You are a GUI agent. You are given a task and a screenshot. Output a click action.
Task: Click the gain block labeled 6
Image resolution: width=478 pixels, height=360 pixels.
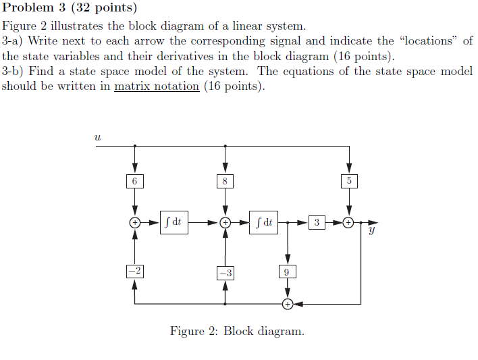(x=135, y=181)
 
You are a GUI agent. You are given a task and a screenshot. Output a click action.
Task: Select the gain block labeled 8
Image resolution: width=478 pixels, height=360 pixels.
(x=225, y=181)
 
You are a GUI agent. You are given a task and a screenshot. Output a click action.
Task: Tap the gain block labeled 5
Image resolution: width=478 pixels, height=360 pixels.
(x=349, y=181)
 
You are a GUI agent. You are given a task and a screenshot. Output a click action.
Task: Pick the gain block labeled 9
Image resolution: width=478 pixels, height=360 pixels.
(x=288, y=272)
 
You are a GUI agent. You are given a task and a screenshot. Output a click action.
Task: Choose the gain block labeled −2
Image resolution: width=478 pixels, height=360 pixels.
(x=135, y=272)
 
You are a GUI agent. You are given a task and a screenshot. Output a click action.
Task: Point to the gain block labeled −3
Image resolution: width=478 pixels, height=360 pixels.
(x=225, y=273)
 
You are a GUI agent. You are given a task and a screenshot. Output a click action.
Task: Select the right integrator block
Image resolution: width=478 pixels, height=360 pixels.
(x=265, y=222)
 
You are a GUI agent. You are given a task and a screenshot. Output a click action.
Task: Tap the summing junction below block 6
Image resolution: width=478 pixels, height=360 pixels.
(x=135, y=222)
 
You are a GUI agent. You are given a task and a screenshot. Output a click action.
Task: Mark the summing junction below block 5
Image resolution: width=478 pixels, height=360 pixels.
(x=349, y=222)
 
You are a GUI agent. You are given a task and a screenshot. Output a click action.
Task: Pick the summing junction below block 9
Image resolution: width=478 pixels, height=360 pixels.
(x=288, y=304)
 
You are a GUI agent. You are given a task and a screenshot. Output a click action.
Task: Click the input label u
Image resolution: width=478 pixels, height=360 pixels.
(x=98, y=136)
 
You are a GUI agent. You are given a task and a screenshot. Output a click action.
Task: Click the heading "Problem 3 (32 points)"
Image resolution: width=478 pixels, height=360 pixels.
(x=70, y=9)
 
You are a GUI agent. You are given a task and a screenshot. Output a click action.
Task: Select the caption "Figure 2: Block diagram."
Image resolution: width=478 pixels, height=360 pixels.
(x=237, y=331)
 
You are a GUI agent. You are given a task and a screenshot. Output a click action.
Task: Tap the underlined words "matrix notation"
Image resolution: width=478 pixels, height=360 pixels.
(x=157, y=86)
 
